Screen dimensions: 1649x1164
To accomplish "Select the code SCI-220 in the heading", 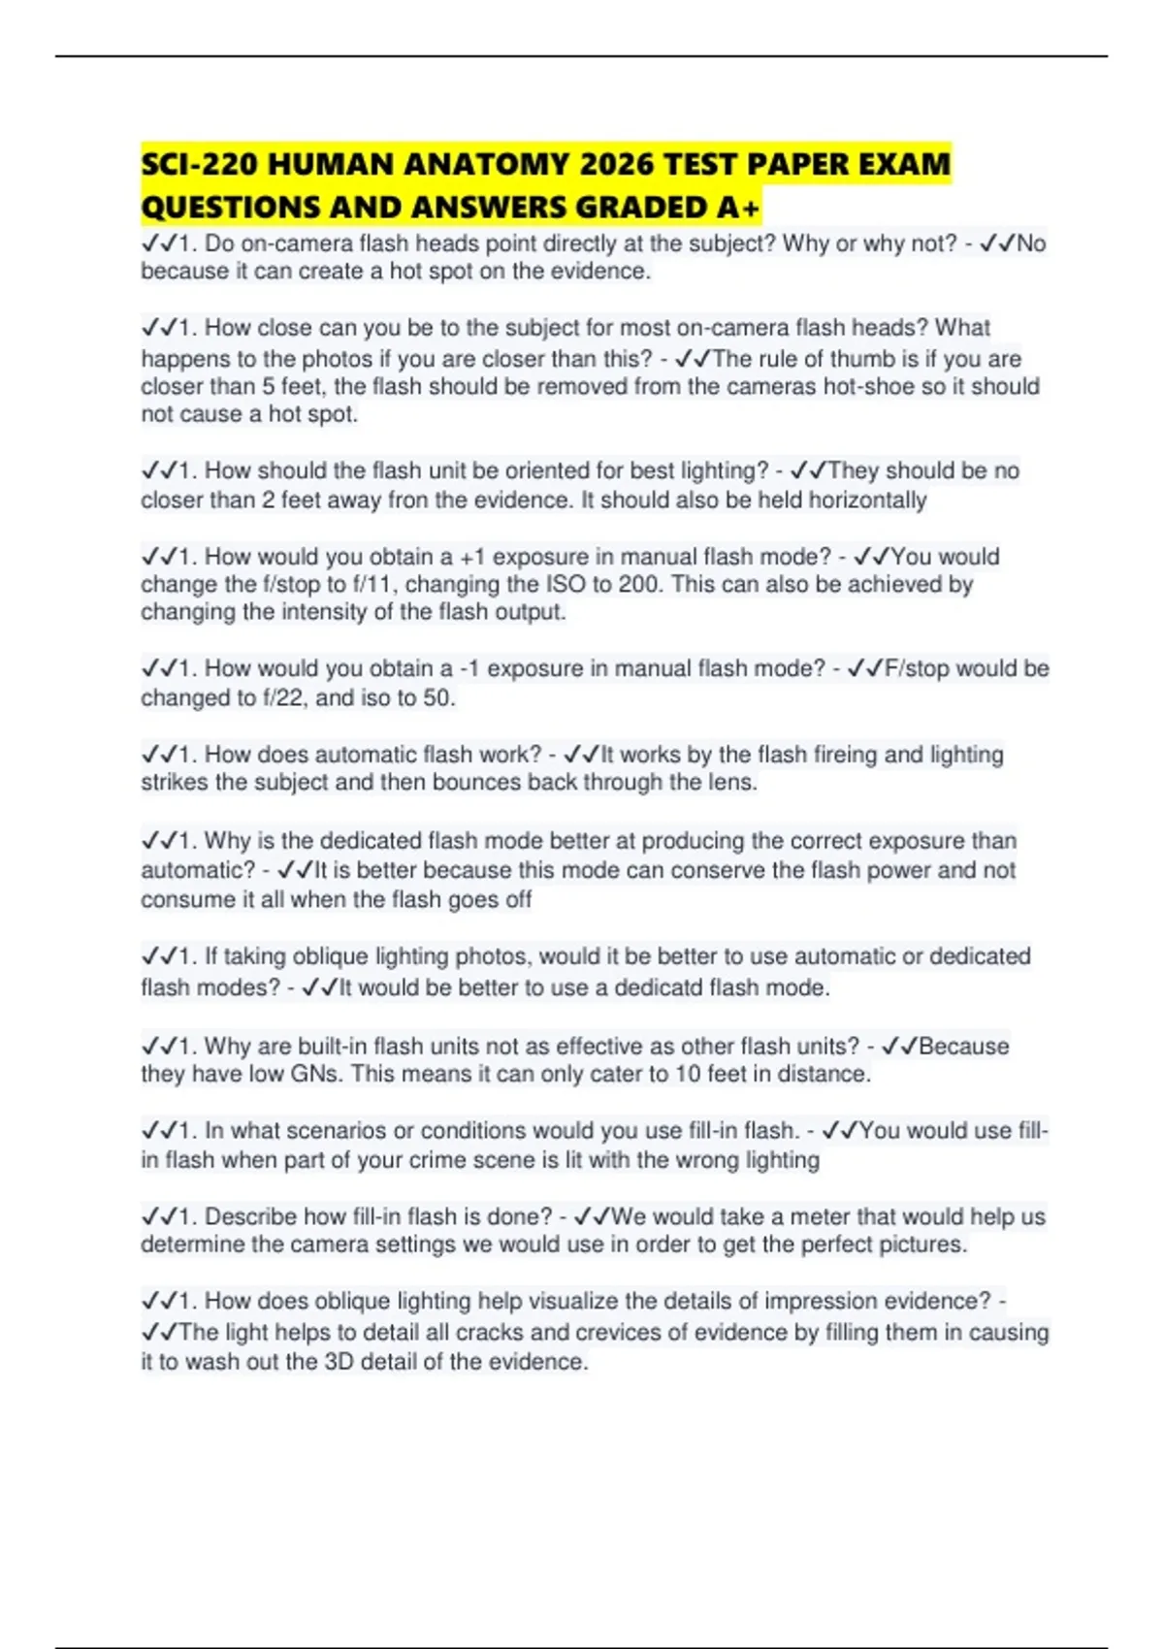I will click(199, 165).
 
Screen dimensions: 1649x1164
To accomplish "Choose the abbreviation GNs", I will click(311, 1074).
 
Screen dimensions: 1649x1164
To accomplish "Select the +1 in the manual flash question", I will click(472, 557).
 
